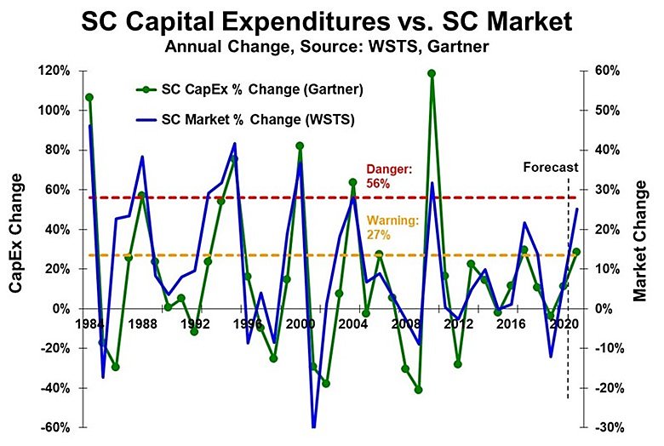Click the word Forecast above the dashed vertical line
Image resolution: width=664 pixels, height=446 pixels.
pos(550,168)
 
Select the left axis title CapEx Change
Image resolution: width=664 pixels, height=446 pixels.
pos(16,233)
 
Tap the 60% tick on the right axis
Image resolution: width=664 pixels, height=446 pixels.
pos(604,71)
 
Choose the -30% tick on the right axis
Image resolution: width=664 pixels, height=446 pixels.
pos(605,427)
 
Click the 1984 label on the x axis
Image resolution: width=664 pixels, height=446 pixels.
pos(89,324)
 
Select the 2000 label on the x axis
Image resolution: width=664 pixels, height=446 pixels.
pos(299,324)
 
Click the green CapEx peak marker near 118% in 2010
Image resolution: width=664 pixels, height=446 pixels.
pos(432,73)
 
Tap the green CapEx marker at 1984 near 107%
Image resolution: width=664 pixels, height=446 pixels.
pos(89,97)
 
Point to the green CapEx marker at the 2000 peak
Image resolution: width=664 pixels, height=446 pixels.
pos(300,146)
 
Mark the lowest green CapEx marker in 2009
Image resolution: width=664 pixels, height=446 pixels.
pos(419,390)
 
